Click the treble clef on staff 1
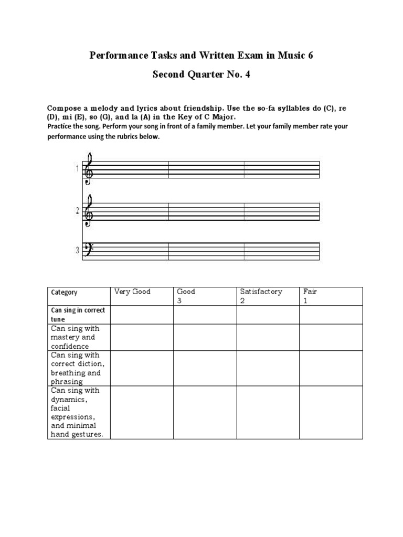(89, 168)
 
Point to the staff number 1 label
(77, 169)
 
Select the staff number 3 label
(77, 251)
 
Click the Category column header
(64, 293)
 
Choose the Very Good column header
(132, 292)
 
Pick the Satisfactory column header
(261, 292)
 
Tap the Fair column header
(310, 292)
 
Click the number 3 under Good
(179, 301)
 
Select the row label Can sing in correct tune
(78, 315)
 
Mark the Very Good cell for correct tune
(142, 315)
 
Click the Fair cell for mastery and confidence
(331, 337)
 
